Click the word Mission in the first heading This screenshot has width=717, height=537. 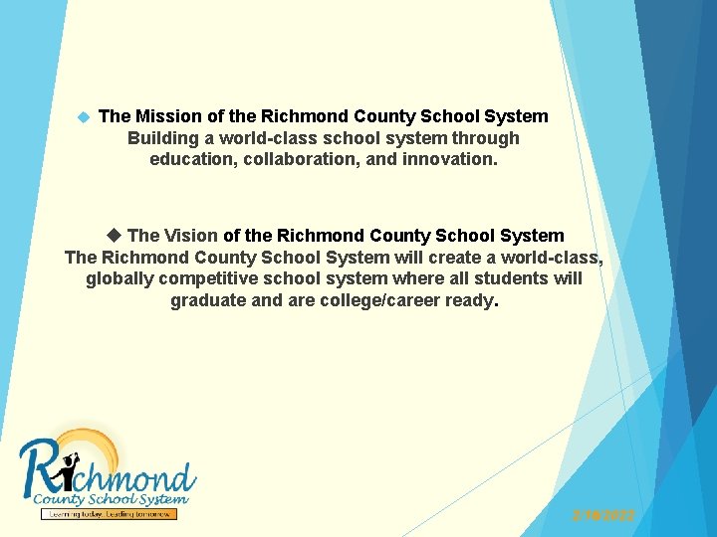(x=167, y=116)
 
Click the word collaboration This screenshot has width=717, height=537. (x=304, y=159)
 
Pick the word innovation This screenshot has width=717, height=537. (x=449, y=159)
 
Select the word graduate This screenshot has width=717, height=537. (x=207, y=300)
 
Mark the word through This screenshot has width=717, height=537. (x=486, y=138)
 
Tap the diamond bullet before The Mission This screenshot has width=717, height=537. (x=83, y=117)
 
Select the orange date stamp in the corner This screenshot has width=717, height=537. (x=602, y=515)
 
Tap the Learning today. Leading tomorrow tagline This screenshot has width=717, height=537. (x=109, y=514)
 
